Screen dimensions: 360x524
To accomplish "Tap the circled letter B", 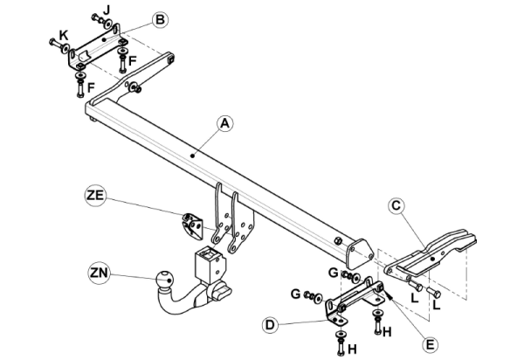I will tap(159, 19).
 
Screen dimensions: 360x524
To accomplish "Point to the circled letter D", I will tap(272, 325).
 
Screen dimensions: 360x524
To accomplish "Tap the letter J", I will tap(106, 8).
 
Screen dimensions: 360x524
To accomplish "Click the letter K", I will tap(63, 35).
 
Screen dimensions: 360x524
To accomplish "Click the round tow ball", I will tap(162, 281).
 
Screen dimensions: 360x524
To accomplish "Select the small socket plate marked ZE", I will tap(191, 225).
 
